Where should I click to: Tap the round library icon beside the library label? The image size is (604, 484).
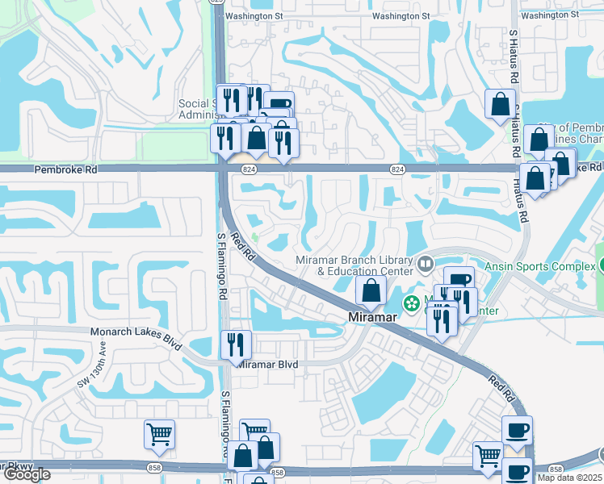coord(426,262)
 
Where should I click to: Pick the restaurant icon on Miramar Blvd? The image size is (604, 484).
coord(235,345)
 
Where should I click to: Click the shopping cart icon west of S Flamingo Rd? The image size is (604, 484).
coord(159,434)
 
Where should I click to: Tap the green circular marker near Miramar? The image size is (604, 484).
coord(412,304)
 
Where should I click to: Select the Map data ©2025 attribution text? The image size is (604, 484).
coord(570,478)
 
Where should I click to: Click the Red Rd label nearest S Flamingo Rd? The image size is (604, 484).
coord(241,247)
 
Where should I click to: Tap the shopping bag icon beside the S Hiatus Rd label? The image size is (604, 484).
coord(500,103)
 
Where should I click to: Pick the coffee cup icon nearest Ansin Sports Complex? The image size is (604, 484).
coord(459,282)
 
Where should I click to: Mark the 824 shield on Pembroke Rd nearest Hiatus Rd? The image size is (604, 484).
coord(396,169)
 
